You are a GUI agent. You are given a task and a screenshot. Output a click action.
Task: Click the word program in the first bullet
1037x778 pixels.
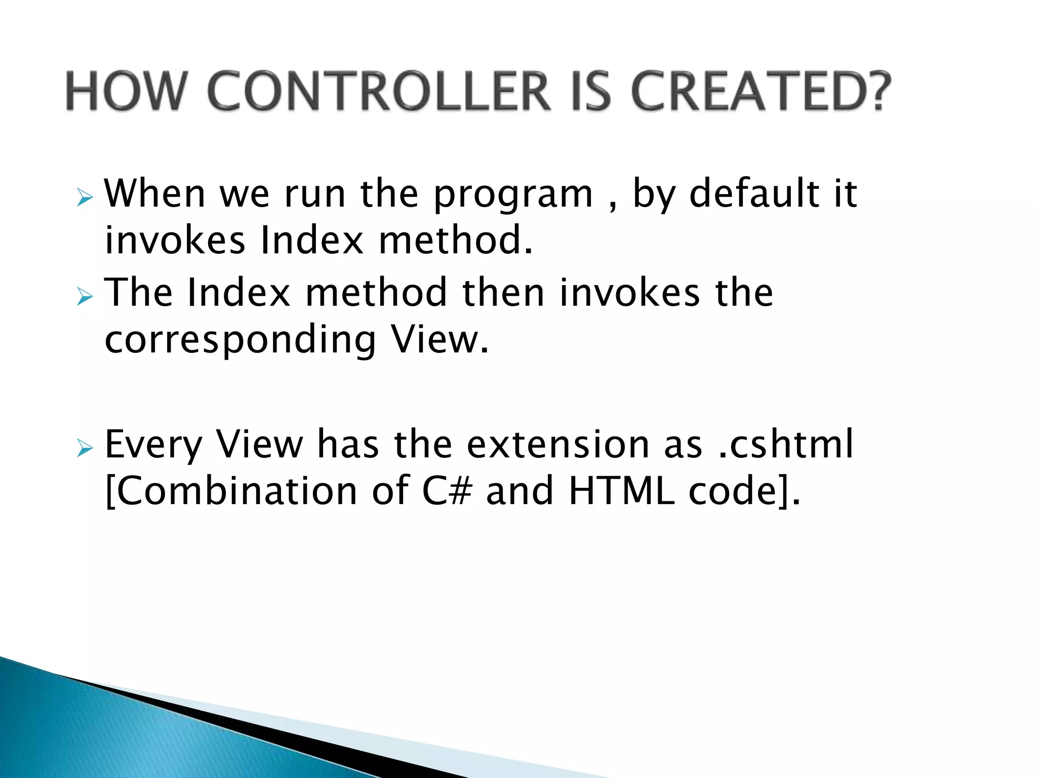tap(513, 196)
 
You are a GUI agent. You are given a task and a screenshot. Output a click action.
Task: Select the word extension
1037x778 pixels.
tap(557, 444)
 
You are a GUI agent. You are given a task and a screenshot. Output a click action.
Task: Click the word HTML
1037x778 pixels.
tap(621, 491)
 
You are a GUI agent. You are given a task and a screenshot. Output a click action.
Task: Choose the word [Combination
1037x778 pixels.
tap(231, 491)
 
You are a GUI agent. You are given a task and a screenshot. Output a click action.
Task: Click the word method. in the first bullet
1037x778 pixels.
tap(456, 240)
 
